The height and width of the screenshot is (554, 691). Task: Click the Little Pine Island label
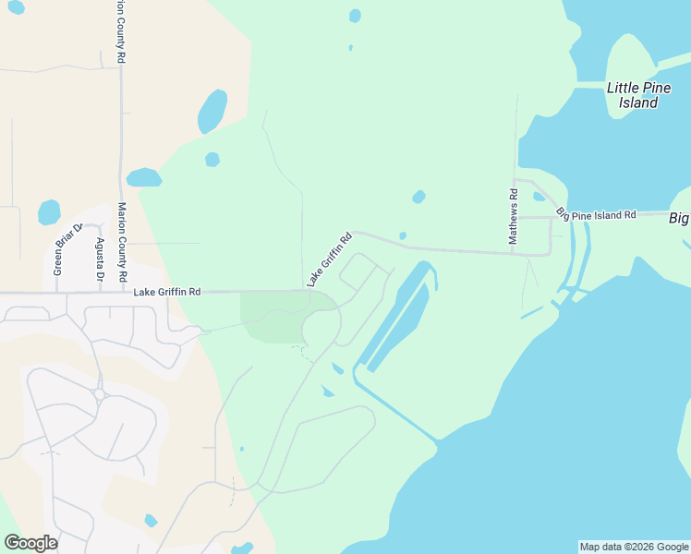[633, 95]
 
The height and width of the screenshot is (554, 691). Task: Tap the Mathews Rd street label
[514, 217]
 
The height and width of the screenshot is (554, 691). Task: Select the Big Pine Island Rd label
[598, 215]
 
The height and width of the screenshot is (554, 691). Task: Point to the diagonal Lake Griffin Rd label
[330, 259]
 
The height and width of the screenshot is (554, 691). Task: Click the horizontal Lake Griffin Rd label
[166, 292]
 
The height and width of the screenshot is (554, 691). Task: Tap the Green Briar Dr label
[57, 250]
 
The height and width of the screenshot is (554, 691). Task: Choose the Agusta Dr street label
[100, 259]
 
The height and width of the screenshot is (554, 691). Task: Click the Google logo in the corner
[30, 543]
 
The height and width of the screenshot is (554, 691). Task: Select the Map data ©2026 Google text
[634, 547]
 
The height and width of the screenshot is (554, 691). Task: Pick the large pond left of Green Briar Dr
[49, 212]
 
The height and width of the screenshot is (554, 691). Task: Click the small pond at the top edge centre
[355, 16]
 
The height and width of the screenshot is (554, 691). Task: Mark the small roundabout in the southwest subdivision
[98, 394]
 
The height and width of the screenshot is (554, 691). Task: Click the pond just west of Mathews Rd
[418, 197]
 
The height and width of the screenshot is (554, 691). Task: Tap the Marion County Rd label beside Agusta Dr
[122, 242]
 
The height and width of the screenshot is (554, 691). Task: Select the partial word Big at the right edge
[679, 218]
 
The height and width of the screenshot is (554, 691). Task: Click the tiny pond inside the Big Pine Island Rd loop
[539, 196]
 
